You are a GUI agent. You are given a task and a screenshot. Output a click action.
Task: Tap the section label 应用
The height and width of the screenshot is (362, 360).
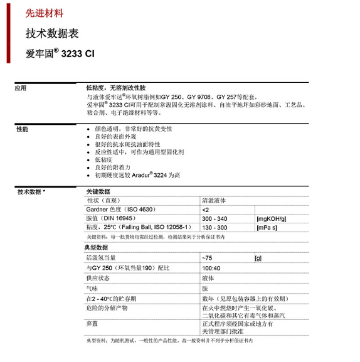click(x=21, y=89)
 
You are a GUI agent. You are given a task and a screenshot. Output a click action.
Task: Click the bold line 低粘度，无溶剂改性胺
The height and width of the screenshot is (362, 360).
click(x=117, y=89)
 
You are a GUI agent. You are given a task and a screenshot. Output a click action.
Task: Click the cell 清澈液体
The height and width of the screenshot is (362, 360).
click(x=214, y=200)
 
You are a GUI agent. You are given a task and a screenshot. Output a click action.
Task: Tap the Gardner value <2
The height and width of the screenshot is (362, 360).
click(x=205, y=209)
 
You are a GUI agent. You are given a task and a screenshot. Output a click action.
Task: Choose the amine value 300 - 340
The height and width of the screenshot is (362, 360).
click(x=214, y=218)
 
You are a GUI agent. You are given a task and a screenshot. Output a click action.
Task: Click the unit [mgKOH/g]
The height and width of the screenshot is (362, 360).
click(x=270, y=218)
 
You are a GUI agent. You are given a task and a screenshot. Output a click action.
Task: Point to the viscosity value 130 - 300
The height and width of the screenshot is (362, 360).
click(x=214, y=227)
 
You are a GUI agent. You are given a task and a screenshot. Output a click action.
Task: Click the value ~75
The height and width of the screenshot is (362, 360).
click(x=208, y=258)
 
